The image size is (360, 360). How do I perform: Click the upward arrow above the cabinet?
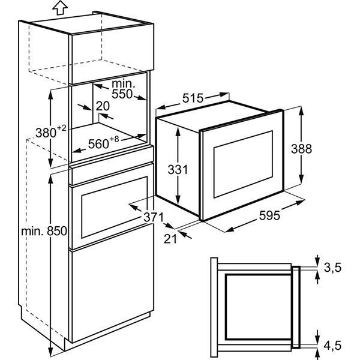coord(59,7)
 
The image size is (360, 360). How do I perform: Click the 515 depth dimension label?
coord(193,98)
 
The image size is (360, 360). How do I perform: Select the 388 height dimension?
coord(301,149)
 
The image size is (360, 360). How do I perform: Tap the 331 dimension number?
coord(178,170)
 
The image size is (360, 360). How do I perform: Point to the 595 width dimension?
coord(269,215)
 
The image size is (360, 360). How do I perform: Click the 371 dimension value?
coord(154,217)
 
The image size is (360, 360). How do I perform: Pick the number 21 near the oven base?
coord(170,239)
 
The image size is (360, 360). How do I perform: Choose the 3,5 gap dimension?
coord(332,268)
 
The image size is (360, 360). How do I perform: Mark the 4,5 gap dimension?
coord(332,346)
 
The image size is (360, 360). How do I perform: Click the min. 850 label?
coord(44,231)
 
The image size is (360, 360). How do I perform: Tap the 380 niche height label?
coord(46,133)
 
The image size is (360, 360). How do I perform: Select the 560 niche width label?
coord(98,144)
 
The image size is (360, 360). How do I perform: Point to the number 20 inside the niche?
coord(103,106)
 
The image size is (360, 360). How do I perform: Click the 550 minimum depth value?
coord(122,94)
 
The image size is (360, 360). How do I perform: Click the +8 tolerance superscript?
coord(114,139)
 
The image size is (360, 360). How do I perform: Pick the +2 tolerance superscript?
coord(62,128)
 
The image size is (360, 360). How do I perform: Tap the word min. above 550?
coord(123,84)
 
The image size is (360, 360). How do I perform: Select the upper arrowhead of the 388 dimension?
coord(301,112)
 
